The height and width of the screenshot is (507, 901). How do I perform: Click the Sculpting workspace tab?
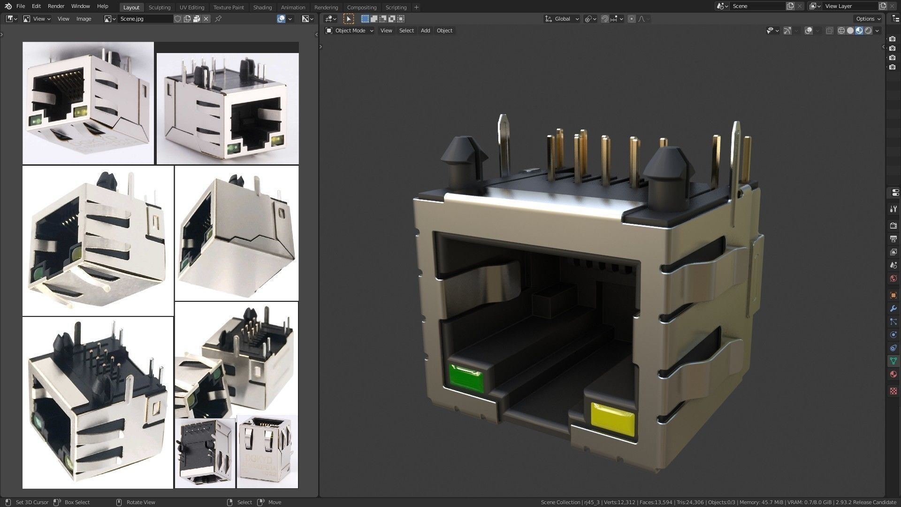click(x=159, y=7)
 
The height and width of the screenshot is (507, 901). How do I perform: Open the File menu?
click(x=21, y=6)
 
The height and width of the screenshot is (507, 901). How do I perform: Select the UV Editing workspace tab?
click(x=191, y=7)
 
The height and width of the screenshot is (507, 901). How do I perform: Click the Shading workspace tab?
click(x=262, y=7)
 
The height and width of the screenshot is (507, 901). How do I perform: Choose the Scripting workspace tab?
click(x=396, y=7)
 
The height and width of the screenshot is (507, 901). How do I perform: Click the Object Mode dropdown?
click(x=350, y=31)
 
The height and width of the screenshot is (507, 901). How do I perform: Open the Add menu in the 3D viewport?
click(x=425, y=31)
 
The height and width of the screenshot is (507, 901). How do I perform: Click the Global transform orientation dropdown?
click(x=562, y=19)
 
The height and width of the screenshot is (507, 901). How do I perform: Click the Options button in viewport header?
click(x=867, y=19)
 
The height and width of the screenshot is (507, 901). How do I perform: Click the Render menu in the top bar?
click(x=56, y=6)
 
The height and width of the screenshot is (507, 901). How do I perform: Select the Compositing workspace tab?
click(x=361, y=7)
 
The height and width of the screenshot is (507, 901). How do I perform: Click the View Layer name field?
click(x=849, y=6)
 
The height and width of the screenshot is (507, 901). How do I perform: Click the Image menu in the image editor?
click(x=84, y=19)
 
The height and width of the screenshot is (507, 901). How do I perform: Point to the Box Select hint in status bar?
click(x=76, y=502)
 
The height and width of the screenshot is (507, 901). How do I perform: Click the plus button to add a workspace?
click(x=416, y=7)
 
